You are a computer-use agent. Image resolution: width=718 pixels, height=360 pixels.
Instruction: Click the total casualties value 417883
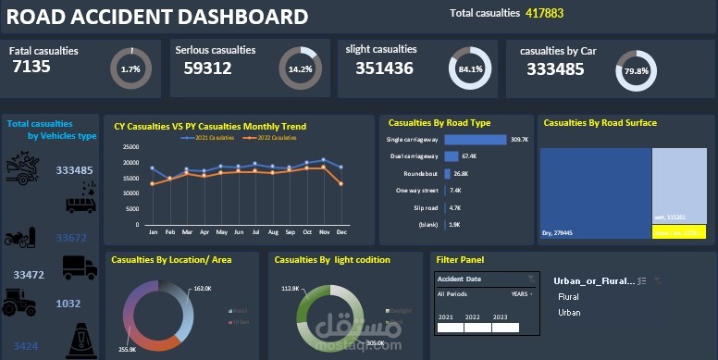click(x=544, y=14)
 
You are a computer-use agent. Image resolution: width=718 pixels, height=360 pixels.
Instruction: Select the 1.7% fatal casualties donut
click(x=130, y=69)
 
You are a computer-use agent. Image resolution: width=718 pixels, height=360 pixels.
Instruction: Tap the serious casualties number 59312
click(x=207, y=68)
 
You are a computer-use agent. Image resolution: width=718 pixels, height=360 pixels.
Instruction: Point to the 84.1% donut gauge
click(x=470, y=69)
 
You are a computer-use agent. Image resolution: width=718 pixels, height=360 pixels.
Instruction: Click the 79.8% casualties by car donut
click(x=636, y=70)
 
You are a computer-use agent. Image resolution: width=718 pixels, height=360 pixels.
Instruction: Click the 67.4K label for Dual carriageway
click(x=469, y=156)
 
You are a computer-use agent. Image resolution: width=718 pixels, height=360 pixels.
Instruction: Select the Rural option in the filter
click(x=568, y=297)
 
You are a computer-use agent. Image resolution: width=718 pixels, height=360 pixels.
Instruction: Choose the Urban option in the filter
click(x=570, y=313)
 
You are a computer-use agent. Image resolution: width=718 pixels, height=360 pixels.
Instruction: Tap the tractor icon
click(x=22, y=303)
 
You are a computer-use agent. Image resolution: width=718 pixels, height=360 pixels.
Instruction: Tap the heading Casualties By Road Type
click(x=439, y=122)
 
